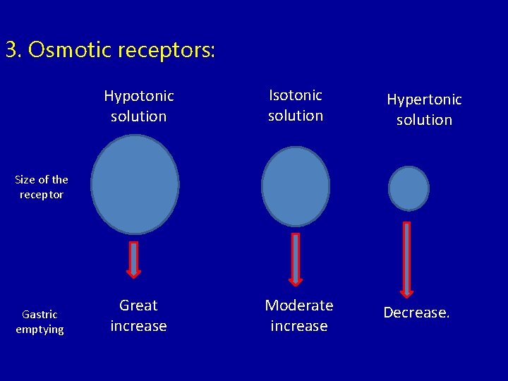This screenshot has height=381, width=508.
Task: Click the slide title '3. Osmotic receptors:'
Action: tap(110, 50)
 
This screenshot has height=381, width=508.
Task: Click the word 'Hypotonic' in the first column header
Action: tap(139, 96)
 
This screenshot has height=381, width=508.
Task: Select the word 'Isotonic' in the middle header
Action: tap(295, 95)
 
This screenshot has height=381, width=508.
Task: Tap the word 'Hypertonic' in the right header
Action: tap(424, 99)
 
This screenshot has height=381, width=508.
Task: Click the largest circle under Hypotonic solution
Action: tap(135, 184)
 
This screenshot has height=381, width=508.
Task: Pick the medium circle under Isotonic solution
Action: tap(296, 186)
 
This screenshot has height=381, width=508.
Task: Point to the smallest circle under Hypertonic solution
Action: tap(409, 188)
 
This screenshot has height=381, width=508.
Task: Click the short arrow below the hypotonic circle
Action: tap(133, 259)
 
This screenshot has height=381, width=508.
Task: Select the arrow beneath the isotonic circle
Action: tap(296, 259)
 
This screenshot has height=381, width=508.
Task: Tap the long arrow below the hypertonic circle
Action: tap(406, 259)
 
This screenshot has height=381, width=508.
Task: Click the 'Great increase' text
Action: tap(138, 315)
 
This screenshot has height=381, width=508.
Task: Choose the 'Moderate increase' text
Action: tap(298, 315)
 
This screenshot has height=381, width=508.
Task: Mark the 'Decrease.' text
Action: tap(416, 313)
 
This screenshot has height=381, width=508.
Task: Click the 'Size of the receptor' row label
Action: tap(42, 187)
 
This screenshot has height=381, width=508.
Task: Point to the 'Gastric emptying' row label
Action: tap(40, 322)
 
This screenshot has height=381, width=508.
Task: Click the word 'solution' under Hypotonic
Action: tap(139, 116)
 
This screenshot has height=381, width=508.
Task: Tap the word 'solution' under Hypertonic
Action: tap(424, 120)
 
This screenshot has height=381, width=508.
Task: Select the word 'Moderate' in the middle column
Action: tap(298, 306)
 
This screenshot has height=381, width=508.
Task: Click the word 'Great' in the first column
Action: tap(138, 306)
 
